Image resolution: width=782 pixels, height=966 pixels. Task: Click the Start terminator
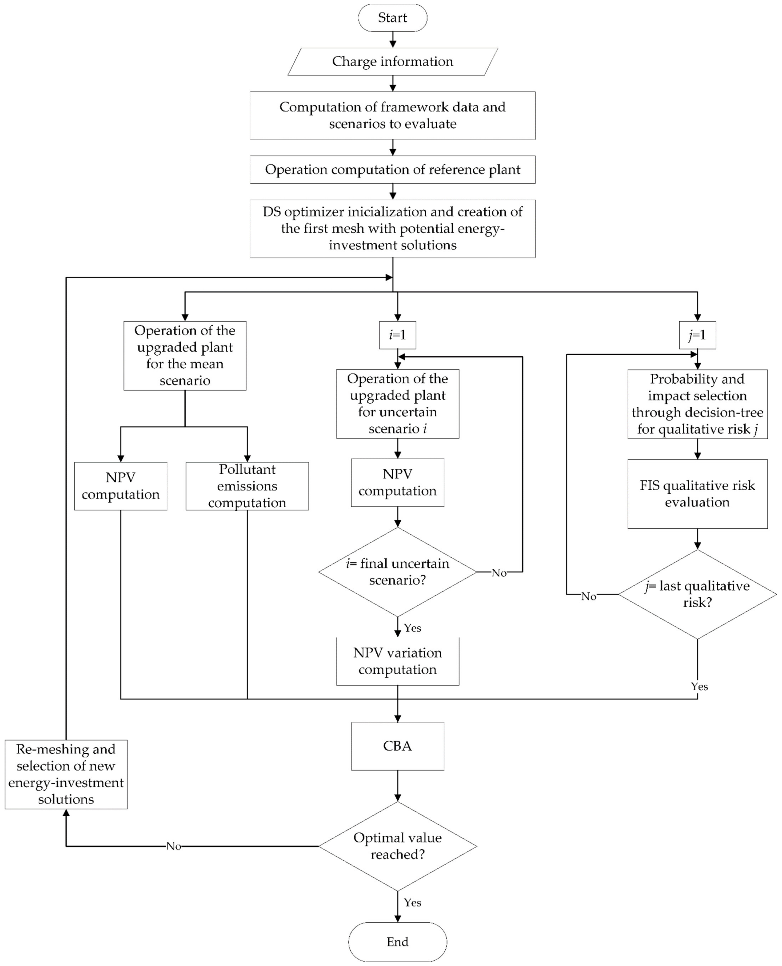click(x=392, y=18)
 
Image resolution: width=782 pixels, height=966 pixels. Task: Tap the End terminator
click(x=397, y=942)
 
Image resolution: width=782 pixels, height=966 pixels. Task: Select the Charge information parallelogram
click(x=392, y=62)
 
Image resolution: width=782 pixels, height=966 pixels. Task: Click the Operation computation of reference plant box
click(x=392, y=170)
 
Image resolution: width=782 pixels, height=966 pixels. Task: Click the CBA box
click(x=397, y=746)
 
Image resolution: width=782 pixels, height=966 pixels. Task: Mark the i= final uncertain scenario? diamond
click(x=397, y=572)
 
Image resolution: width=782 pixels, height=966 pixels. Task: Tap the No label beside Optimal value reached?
click(x=174, y=846)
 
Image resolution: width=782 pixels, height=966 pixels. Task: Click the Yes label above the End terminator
click(x=412, y=902)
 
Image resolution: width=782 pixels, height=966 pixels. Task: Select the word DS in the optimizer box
click(x=272, y=212)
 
